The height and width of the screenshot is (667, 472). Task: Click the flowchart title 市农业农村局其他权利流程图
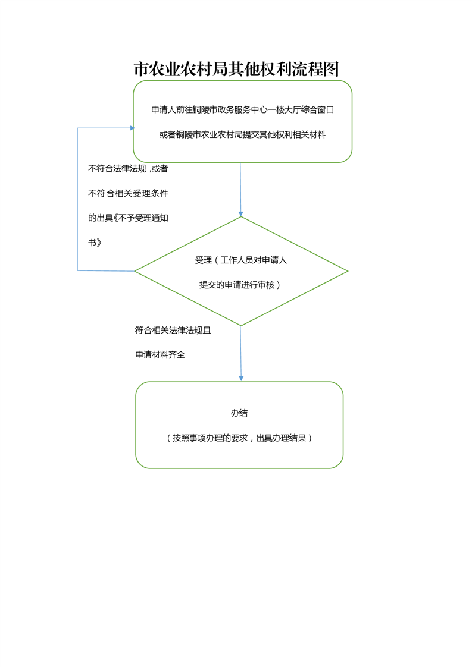point(236,69)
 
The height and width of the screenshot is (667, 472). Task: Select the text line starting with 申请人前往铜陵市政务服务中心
point(242,110)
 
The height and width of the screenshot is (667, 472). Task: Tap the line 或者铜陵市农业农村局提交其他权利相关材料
point(242,134)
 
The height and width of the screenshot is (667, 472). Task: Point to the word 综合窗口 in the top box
point(317,110)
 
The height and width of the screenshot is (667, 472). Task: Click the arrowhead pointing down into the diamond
point(240,214)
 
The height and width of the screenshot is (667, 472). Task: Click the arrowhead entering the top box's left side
point(133,128)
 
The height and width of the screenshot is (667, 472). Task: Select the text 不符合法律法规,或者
point(128,168)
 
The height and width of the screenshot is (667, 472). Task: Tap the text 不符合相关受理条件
point(128,193)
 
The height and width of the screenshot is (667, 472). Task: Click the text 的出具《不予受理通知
point(128,218)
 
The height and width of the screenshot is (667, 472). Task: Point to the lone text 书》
point(95,243)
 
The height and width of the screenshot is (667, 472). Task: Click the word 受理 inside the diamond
point(203,260)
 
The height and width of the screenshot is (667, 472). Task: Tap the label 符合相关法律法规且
point(173,330)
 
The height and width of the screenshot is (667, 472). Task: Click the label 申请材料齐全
point(160,354)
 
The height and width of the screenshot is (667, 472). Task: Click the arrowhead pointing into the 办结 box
point(241,379)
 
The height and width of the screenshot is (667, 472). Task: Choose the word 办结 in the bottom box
point(239,413)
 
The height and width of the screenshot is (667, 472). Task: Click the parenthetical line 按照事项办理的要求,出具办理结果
point(239,438)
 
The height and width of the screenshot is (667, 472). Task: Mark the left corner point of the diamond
point(135,271)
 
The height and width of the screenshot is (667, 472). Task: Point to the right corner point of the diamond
point(348,271)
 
